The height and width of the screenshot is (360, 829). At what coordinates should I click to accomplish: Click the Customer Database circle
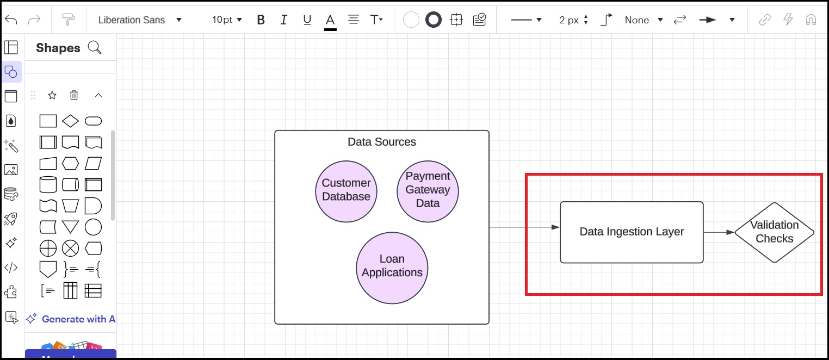pyautogui.click(x=346, y=191)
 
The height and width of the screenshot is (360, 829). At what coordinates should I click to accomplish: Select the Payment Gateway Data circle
pyautogui.click(x=428, y=191)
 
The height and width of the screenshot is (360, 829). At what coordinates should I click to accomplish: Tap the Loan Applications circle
pyautogui.click(x=392, y=267)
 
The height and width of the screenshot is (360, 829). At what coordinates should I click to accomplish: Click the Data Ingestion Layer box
pyautogui.click(x=632, y=232)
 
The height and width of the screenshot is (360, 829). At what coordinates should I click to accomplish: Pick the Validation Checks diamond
pyautogui.click(x=774, y=232)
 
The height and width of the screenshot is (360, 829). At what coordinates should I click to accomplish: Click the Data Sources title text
pyautogui.click(x=382, y=142)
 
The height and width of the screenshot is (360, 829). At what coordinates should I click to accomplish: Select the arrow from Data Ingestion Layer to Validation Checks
pyautogui.click(x=719, y=232)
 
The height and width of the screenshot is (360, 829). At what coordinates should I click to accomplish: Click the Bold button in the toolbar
pyautogui.click(x=261, y=20)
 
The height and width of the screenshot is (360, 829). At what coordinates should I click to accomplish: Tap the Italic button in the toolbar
pyautogui.click(x=283, y=20)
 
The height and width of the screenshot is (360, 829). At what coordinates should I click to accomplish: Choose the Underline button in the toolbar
pyautogui.click(x=307, y=20)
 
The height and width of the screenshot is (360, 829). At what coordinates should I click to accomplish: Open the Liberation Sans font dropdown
pyautogui.click(x=140, y=20)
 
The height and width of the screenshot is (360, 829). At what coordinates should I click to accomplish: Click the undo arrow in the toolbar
pyautogui.click(x=11, y=20)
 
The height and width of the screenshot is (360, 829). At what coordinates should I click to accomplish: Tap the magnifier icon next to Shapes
pyautogui.click(x=95, y=48)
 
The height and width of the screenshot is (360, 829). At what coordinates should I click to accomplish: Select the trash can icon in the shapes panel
pyautogui.click(x=74, y=95)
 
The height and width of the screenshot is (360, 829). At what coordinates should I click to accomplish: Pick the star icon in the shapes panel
pyautogui.click(x=52, y=95)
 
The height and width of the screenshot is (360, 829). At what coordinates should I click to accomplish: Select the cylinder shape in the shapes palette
pyautogui.click(x=48, y=184)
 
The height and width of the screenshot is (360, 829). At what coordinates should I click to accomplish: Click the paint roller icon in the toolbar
pyautogui.click(x=69, y=20)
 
